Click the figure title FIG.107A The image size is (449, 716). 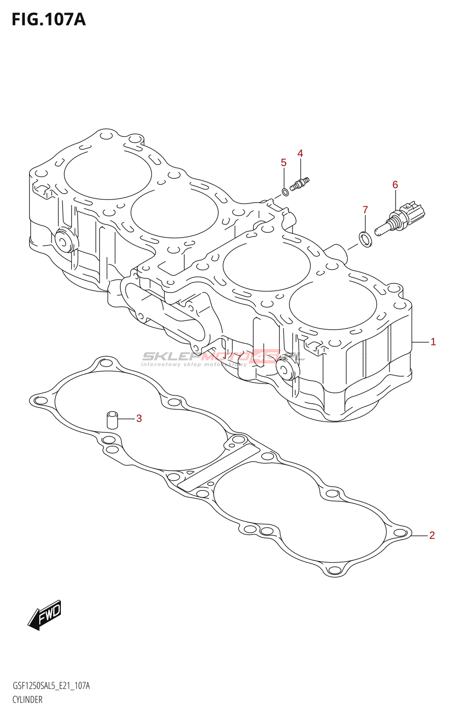click(48, 20)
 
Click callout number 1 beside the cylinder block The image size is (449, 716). click(433, 342)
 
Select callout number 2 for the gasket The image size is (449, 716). click(432, 535)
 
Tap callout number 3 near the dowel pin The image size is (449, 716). click(139, 418)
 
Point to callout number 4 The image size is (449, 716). click(300, 153)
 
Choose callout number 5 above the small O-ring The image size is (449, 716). click(284, 162)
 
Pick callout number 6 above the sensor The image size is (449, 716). click(395, 184)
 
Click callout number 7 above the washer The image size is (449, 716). click(365, 209)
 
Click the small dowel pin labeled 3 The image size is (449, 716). click(112, 420)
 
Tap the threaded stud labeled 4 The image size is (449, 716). click(300, 184)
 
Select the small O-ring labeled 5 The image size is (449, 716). click(285, 192)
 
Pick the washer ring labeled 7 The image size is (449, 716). click(365, 239)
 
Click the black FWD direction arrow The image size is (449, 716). click(45, 615)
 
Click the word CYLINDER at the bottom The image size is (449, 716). click(27, 699)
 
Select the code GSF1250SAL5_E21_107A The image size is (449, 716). click(51, 686)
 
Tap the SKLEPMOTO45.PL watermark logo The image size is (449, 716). click(222, 358)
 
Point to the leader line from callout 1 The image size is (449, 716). click(420, 342)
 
